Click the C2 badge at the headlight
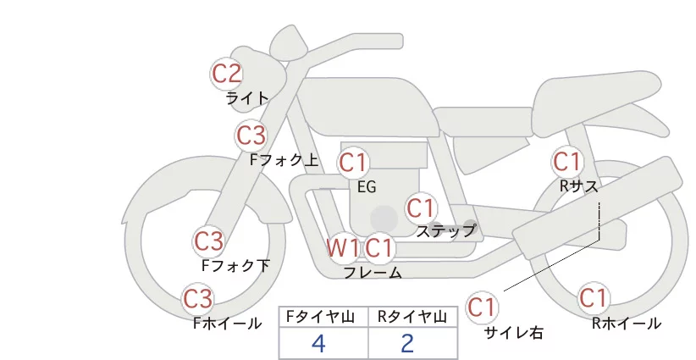[x=226, y=74]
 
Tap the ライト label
[x=247, y=98]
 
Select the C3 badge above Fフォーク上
[x=251, y=136]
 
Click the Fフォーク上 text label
[x=284, y=160]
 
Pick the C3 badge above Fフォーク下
[x=208, y=241]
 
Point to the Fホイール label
[x=227, y=324]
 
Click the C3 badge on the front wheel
[x=197, y=299]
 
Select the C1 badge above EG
[x=353, y=163]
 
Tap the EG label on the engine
[x=367, y=187]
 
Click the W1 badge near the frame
[x=342, y=247]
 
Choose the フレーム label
[x=373, y=273]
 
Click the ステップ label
[x=445, y=231]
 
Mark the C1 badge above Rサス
[x=567, y=162]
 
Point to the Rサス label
[x=578, y=186]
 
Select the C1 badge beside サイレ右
[x=482, y=307]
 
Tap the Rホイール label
[x=627, y=324]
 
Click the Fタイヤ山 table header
[x=320, y=317]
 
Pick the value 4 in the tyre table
[x=318, y=343]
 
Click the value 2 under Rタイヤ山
[x=407, y=343]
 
